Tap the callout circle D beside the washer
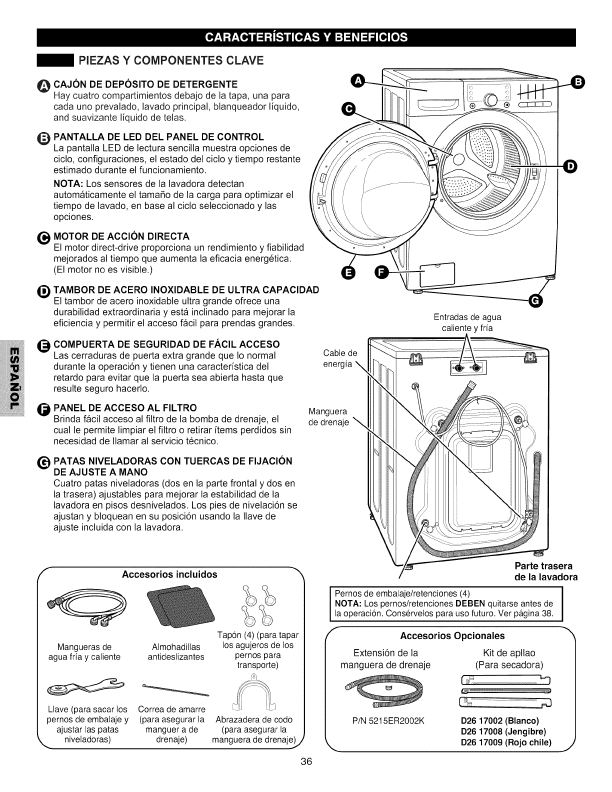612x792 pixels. pyautogui.click(x=569, y=166)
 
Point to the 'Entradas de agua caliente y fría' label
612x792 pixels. pyautogui.click(x=467, y=322)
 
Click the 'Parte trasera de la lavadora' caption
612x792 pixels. pyautogui.click(x=546, y=571)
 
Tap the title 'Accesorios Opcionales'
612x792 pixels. pyautogui.click(x=452, y=635)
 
